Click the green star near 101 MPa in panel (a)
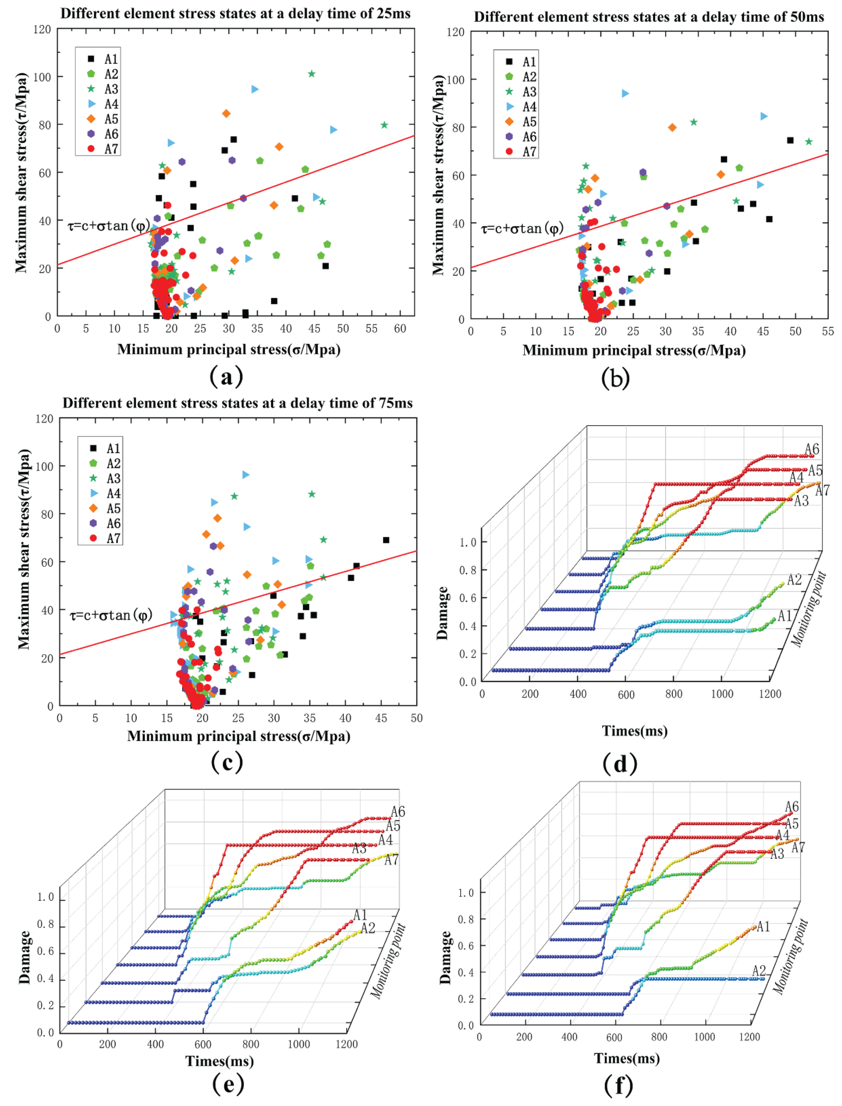311,74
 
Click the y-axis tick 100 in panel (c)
44,466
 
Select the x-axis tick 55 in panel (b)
828,331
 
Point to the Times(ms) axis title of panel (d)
634,731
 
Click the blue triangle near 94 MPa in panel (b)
625,93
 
